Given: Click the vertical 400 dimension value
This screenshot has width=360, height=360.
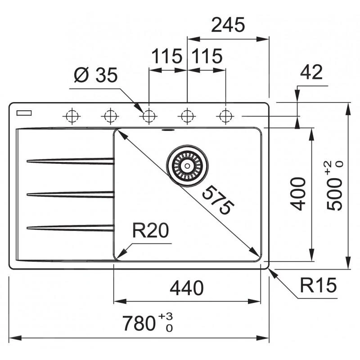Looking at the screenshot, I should (298, 194).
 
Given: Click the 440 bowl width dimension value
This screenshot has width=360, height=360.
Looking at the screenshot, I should (187, 287).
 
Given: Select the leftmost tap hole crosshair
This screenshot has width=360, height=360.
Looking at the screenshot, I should (71, 116).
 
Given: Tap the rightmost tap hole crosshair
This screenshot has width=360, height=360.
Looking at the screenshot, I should (224, 116).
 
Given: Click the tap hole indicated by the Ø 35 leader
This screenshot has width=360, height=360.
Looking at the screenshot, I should (147, 116).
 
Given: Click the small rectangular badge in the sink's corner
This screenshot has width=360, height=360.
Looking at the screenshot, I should (22, 112).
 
